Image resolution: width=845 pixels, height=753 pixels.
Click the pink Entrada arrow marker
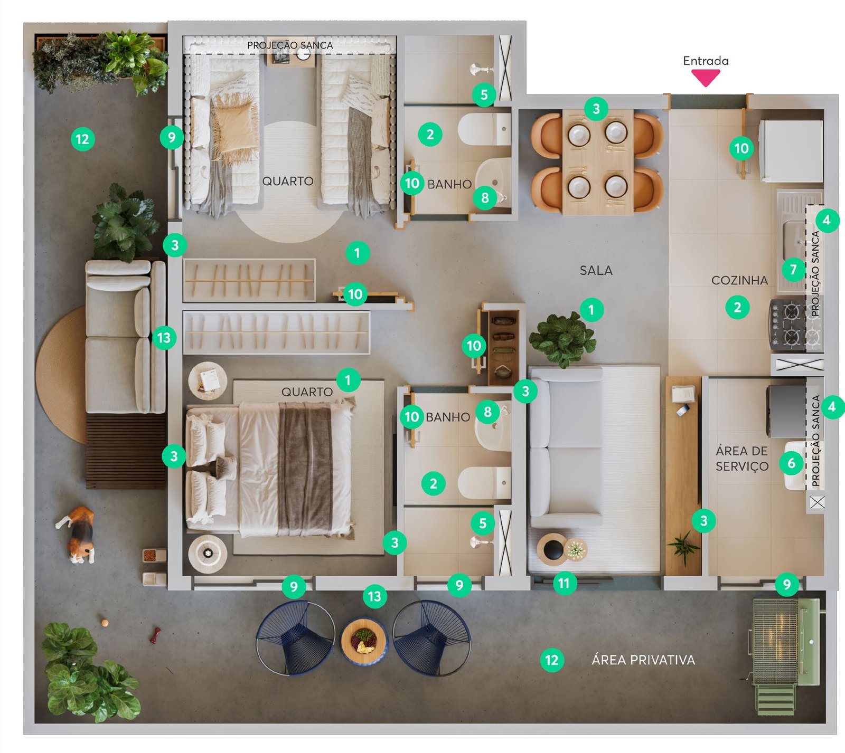tap(706, 78)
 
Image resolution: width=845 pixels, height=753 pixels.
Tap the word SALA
tap(596, 271)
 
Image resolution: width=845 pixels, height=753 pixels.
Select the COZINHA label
tap(739, 280)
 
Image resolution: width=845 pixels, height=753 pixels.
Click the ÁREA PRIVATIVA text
tap(643, 660)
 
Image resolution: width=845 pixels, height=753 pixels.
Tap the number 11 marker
tap(564, 583)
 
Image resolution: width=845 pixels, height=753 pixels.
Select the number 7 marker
tap(793, 270)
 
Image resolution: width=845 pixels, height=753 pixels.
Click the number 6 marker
tap(791, 463)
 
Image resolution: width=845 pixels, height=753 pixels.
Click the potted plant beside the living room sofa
tap(562, 339)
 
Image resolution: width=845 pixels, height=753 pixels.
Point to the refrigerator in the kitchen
tap(791, 151)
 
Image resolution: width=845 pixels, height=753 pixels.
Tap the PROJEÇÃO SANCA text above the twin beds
tap(290, 45)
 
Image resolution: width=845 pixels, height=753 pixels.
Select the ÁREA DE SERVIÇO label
tap(742, 459)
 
